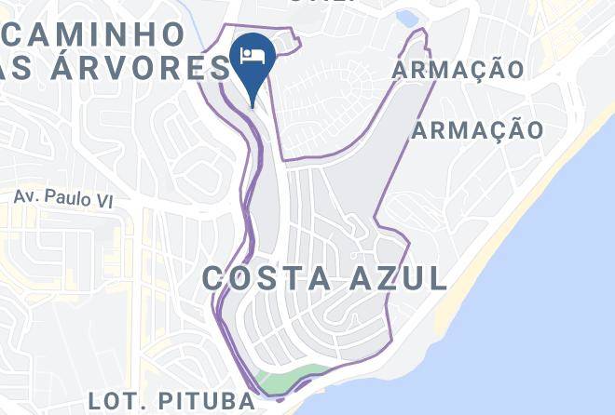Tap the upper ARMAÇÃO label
coord(458,70)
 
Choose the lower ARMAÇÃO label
coord(477,130)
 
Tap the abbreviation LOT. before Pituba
coord(113,402)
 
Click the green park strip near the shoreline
coord(288,380)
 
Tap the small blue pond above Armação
coord(406,18)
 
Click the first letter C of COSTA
coord(213,277)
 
